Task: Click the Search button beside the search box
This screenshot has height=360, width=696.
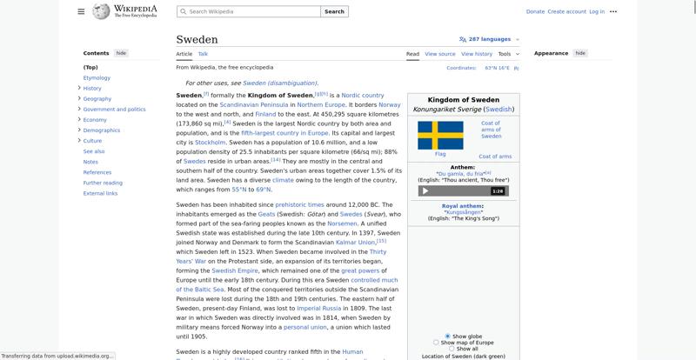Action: pos(334,11)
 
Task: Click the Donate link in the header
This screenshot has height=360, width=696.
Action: pos(535,11)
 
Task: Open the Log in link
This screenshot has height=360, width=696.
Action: pos(597,11)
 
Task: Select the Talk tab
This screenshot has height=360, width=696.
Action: pos(203,54)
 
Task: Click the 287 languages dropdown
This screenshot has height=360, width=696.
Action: pos(490,39)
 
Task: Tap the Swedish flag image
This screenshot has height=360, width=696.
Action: pos(440,136)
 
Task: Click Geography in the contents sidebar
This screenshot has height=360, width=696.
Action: pos(97,98)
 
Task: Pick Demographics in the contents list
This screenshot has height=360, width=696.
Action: pos(102,130)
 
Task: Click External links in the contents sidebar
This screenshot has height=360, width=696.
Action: pos(100,193)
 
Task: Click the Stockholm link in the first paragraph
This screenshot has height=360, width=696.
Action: pos(210,142)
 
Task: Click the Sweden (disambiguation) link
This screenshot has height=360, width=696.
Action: pos(280,83)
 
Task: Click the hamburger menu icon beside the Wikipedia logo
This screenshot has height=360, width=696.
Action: pos(81,11)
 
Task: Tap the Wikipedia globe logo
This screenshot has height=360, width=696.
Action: pos(102,11)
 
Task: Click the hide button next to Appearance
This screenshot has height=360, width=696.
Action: pos(580,53)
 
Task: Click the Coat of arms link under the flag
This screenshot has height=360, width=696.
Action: pos(495,157)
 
